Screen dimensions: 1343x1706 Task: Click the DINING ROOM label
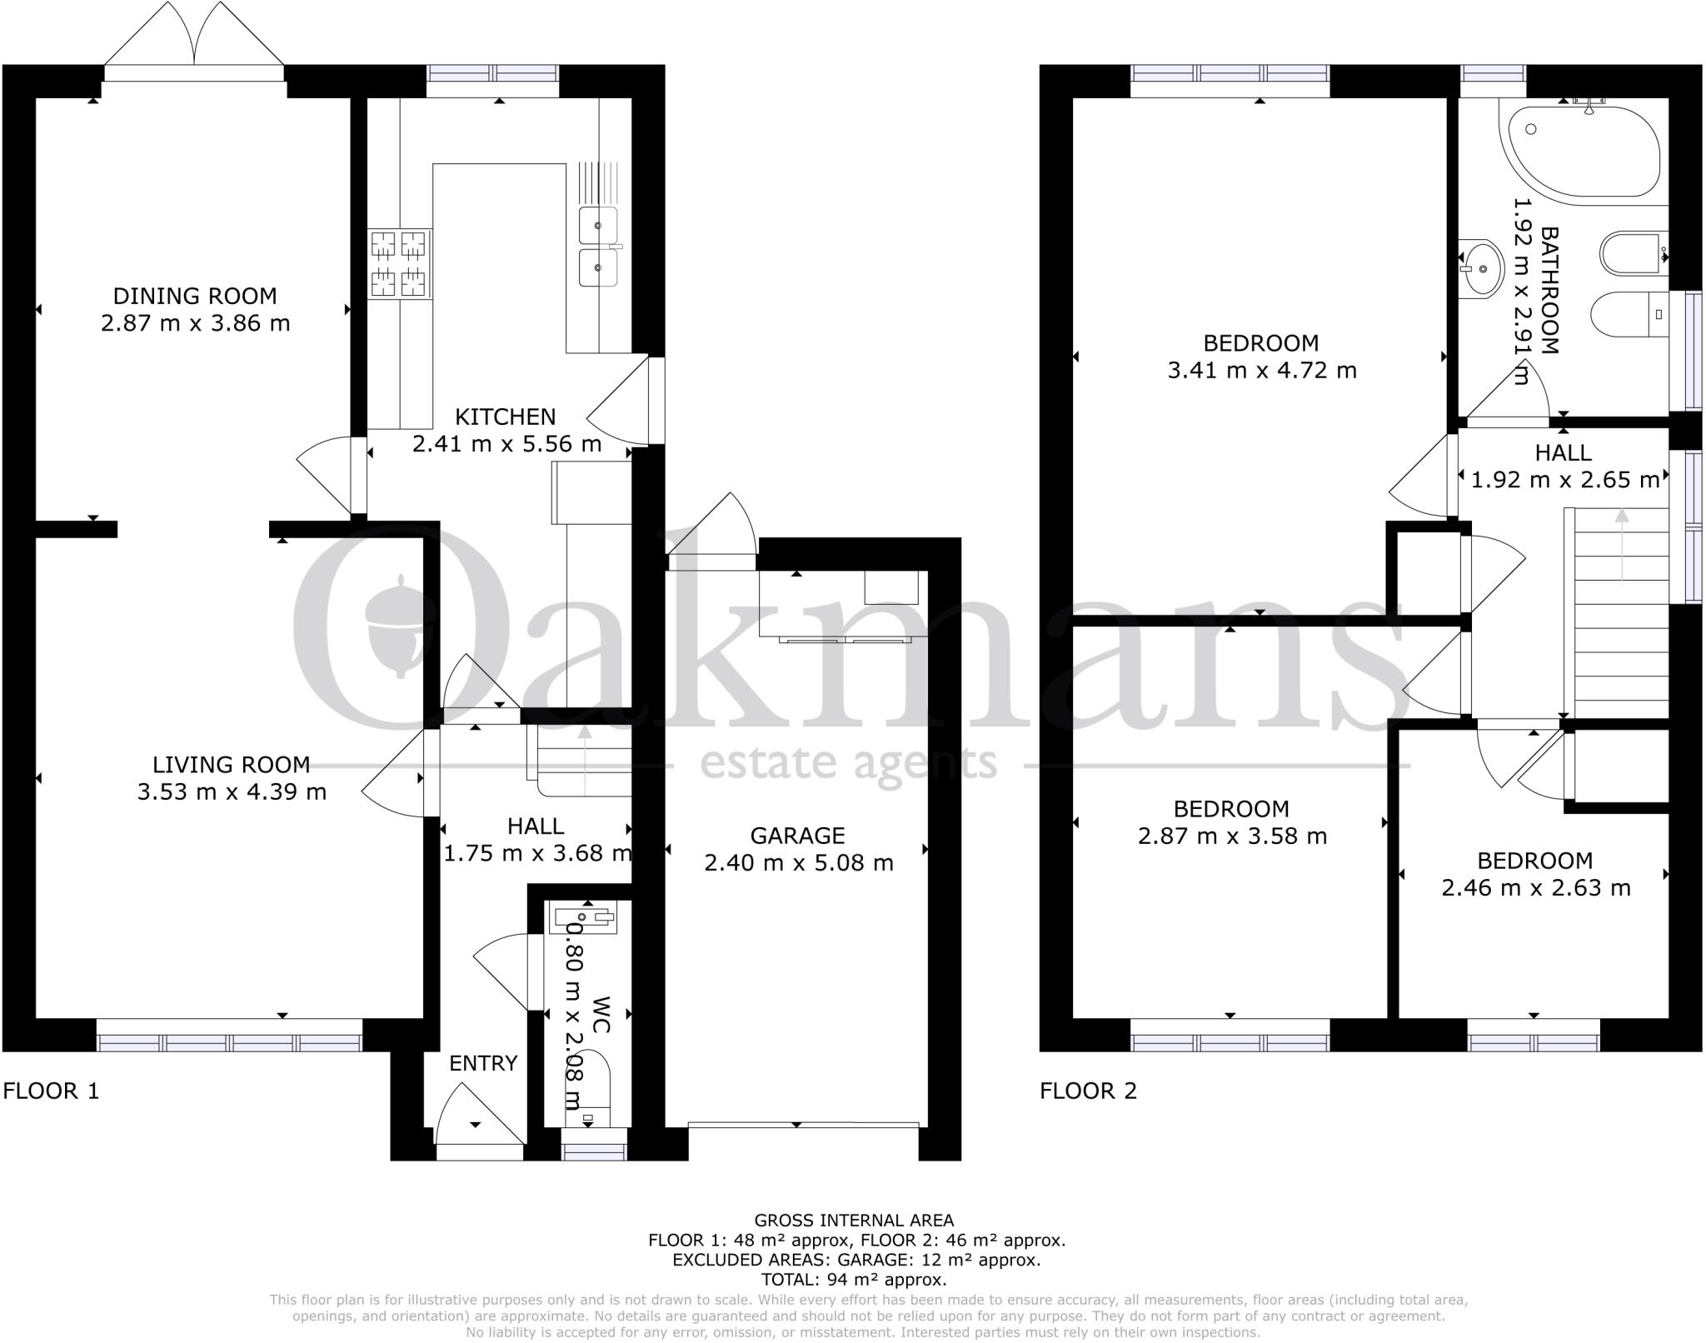click(195, 296)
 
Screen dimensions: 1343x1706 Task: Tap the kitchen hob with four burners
click(400, 264)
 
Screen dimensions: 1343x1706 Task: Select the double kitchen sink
click(599, 247)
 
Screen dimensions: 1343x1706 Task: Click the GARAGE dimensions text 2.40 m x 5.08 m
click(798, 863)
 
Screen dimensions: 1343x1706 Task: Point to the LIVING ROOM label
click(231, 764)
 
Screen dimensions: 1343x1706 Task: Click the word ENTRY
click(483, 1063)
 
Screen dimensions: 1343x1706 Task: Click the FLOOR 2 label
click(1088, 1091)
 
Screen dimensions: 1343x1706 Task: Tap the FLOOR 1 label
click(51, 1091)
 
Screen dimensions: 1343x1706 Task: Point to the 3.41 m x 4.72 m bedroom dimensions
click(1261, 370)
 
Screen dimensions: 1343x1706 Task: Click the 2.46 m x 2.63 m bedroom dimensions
click(1535, 888)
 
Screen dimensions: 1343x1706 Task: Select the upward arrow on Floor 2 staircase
click(1621, 542)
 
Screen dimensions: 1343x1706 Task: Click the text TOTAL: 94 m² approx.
click(853, 1280)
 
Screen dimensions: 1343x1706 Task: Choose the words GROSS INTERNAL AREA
click(853, 1221)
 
